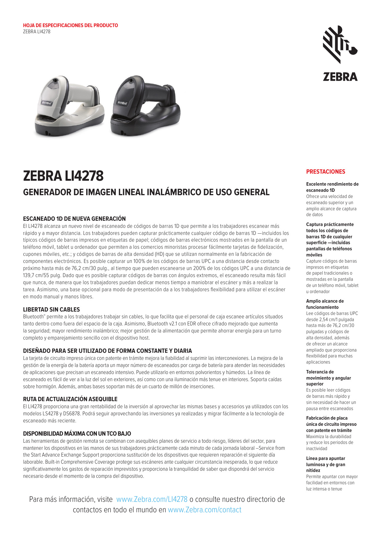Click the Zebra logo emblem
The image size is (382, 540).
point(340,45)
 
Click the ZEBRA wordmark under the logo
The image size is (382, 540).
point(340,77)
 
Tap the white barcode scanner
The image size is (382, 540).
point(69,106)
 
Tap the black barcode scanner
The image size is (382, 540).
point(145,106)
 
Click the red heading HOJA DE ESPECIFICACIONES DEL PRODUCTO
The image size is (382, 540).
point(70,26)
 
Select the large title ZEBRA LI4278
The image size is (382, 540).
point(63,176)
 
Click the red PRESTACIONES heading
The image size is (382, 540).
point(326,172)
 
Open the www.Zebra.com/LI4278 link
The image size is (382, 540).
point(152,499)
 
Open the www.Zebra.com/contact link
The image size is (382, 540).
point(204,510)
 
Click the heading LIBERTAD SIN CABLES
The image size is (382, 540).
point(51,310)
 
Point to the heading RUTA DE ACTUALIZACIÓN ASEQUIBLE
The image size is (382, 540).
point(70,399)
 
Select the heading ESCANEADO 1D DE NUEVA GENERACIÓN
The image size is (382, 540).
point(74,219)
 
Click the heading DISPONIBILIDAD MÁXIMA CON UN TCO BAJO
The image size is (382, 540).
point(77,434)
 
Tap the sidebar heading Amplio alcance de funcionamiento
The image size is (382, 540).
point(325,304)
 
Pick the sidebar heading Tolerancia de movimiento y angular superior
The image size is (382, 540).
point(328,378)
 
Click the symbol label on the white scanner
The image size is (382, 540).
point(47,103)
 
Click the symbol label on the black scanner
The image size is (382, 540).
point(122,103)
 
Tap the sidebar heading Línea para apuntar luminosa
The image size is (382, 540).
point(326,465)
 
